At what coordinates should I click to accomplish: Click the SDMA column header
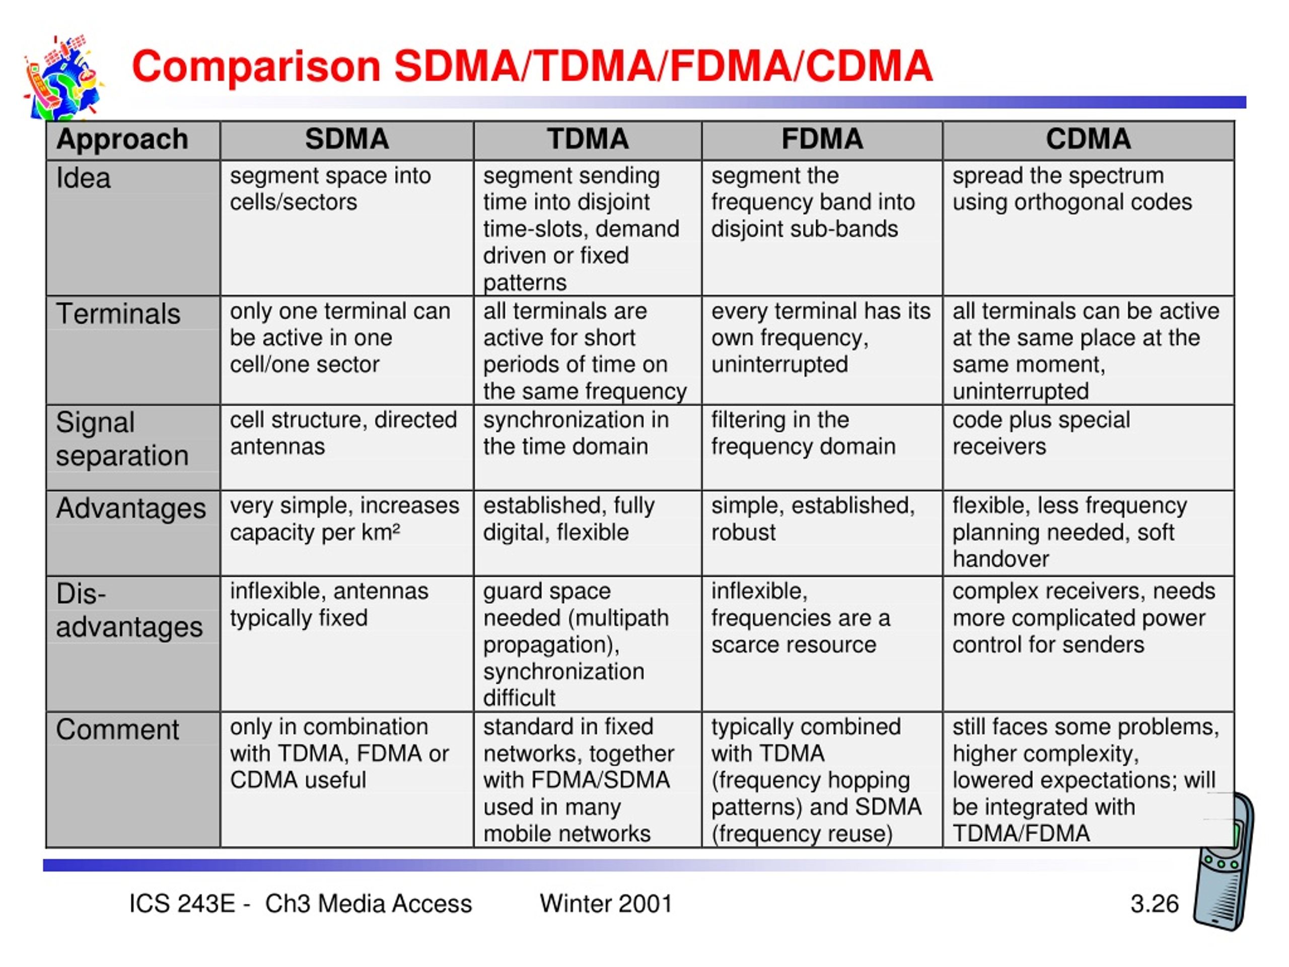point(347,140)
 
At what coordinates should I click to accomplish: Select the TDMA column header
point(588,140)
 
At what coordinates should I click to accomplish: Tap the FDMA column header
point(822,140)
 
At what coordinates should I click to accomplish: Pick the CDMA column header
point(1088,140)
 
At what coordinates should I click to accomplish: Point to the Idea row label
point(83,178)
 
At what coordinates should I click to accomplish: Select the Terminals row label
point(118,314)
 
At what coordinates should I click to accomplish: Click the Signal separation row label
point(122,439)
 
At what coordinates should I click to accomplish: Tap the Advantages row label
point(131,508)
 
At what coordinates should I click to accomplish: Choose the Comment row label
point(118,729)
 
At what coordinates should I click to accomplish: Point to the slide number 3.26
point(1155,904)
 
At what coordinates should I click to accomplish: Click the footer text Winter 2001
point(606,904)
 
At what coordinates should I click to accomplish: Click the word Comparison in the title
point(256,67)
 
